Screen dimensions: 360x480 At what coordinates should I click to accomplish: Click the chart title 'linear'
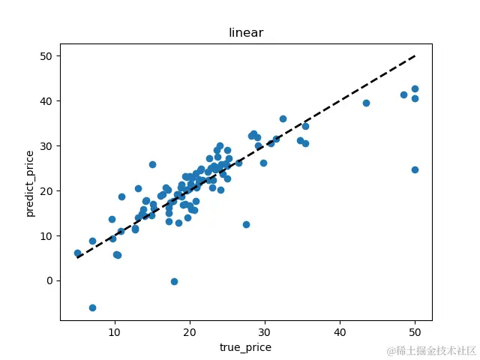tap(246, 33)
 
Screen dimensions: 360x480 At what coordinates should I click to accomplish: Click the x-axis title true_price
tap(245, 347)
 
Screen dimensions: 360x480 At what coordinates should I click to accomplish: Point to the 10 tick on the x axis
tap(115, 331)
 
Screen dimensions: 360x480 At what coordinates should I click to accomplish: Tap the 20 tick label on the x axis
tap(190, 331)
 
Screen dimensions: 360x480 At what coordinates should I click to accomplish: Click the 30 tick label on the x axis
tap(265, 331)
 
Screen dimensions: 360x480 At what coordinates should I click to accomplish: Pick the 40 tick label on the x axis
tap(340, 331)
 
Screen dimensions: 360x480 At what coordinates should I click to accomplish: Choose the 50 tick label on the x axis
tap(415, 331)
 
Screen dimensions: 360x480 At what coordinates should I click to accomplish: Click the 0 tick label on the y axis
tap(49, 280)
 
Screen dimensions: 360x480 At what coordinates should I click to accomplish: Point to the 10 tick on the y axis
tap(46, 235)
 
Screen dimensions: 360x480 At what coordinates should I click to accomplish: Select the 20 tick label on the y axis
tap(46, 190)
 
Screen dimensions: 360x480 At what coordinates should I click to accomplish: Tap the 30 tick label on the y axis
tap(46, 145)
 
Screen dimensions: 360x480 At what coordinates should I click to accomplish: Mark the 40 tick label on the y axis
tap(46, 101)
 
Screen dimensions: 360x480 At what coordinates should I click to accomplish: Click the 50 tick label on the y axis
tap(46, 56)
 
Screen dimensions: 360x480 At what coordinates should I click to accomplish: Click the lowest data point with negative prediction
tap(92, 307)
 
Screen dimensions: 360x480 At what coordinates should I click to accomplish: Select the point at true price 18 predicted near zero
tap(174, 281)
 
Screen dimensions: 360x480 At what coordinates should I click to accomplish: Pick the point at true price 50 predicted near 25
tap(415, 169)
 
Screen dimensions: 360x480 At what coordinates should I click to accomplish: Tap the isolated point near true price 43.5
tap(366, 103)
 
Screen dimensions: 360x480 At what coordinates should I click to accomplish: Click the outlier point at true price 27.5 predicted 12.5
tap(246, 224)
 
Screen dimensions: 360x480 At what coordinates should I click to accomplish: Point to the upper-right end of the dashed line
tap(415, 56)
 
